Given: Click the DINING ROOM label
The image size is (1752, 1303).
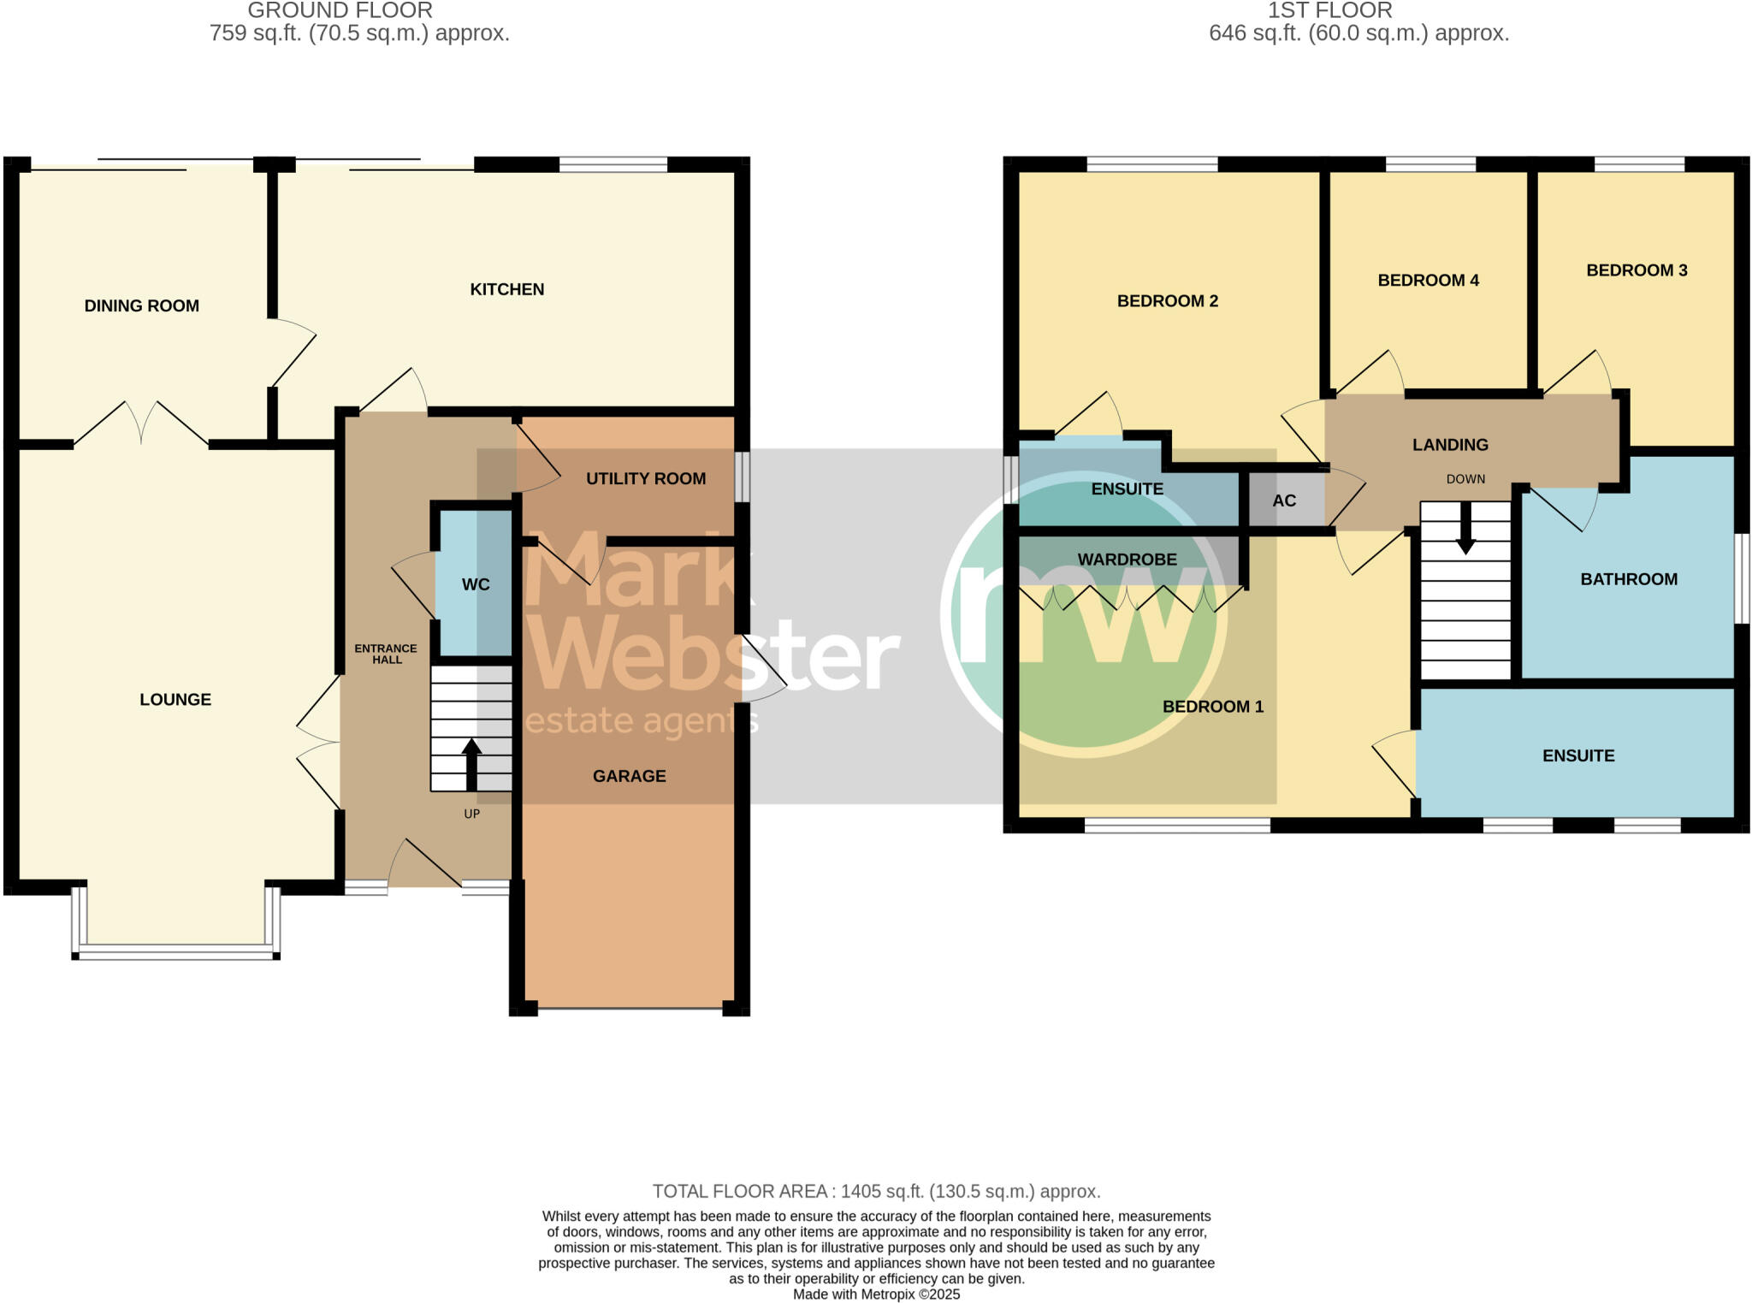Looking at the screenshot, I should tap(141, 305).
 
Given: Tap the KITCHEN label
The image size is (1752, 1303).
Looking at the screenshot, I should tap(506, 289).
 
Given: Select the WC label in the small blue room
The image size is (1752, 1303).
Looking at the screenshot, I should tap(476, 584).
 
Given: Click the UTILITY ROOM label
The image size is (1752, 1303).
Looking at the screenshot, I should tap(645, 478).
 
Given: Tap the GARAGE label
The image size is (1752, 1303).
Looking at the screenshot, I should tap(629, 776).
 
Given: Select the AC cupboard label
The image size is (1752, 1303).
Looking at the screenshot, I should tap(1283, 500).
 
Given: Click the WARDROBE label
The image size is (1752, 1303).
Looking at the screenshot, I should tap(1127, 560).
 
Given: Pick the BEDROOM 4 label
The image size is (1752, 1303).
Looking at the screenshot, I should tap(1428, 280).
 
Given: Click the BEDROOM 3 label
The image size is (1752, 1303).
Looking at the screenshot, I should tap(1636, 270).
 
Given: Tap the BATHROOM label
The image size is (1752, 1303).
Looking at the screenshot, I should tap(1628, 579).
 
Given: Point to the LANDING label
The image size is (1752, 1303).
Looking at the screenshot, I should tap(1450, 445).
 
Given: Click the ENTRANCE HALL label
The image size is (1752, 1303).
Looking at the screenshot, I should tap(386, 654).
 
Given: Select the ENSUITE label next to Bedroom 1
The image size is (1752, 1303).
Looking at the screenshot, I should tap(1577, 755).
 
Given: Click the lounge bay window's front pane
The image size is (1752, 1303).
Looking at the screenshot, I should tap(175, 951).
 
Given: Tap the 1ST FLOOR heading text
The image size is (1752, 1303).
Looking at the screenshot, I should tap(1329, 10).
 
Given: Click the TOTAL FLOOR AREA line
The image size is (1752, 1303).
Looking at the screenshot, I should tap(876, 1191).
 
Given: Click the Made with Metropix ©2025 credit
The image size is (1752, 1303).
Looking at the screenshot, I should tap(876, 1294).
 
